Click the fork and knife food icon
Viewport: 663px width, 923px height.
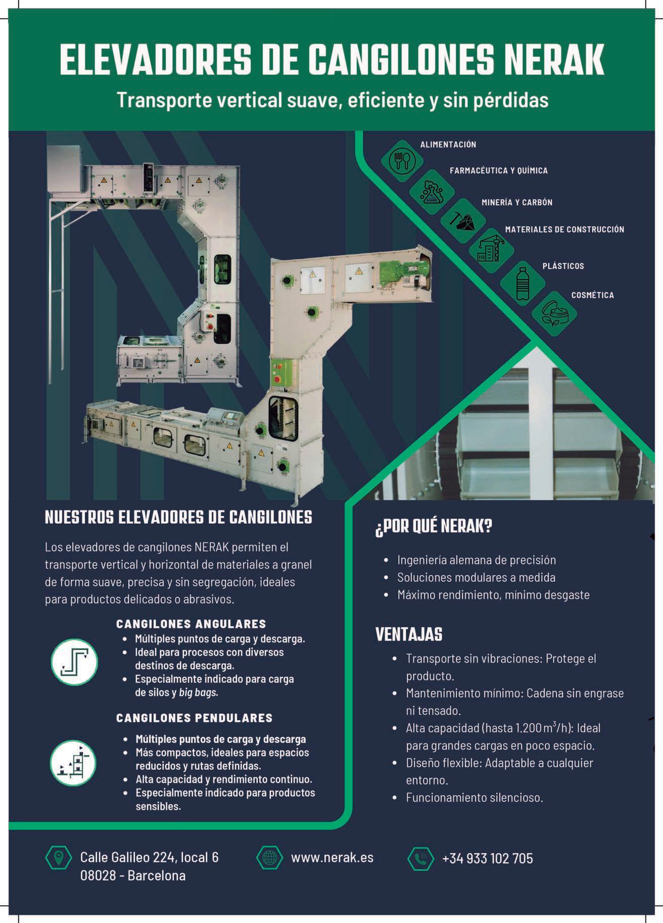(402, 161)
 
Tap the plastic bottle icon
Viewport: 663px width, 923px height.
(523, 284)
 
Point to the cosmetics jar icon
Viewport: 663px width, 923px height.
(554, 314)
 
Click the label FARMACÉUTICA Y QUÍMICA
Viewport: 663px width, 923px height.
(498, 171)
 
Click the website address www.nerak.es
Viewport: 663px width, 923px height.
(332, 858)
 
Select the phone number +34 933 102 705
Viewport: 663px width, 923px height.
(487, 858)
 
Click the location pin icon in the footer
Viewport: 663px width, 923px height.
(59, 857)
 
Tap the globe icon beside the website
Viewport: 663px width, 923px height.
(269, 858)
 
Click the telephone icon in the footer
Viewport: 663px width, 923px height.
(420, 858)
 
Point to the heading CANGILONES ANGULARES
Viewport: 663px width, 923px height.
(191, 624)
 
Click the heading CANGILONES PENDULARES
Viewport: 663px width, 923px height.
(194, 718)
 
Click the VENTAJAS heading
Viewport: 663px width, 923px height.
(409, 634)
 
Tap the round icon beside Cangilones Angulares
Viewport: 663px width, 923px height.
(74, 662)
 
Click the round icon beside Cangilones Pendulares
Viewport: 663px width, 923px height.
(74, 763)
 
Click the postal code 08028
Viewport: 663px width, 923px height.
(98, 875)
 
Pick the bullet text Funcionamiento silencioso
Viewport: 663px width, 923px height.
(474, 798)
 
